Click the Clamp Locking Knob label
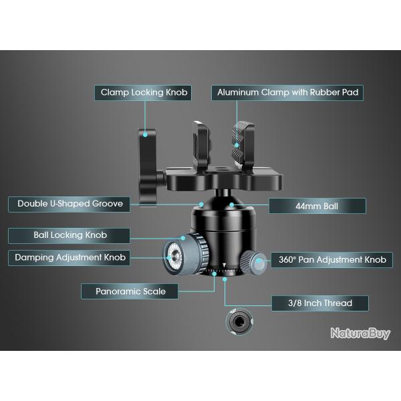point(144,92)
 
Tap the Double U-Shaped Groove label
point(70,204)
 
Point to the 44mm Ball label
point(317,206)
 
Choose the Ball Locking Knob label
point(70,235)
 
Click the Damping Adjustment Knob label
point(70,257)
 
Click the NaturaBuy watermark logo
point(360,333)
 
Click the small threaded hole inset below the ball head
point(237,323)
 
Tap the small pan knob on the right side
point(257,263)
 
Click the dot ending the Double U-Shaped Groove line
point(202,203)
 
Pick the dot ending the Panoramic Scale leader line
point(214,273)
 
